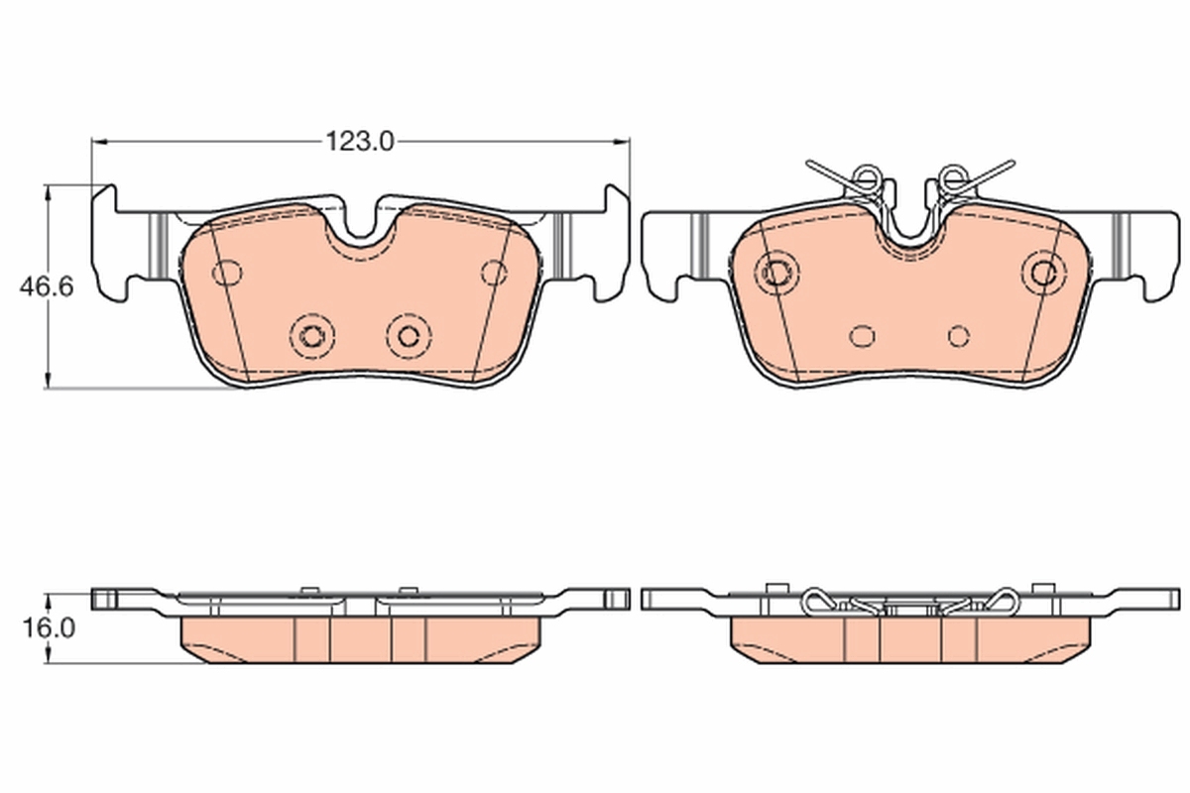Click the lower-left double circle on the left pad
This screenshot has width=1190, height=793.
tap(312, 335)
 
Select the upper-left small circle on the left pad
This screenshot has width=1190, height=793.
tap(229, 272)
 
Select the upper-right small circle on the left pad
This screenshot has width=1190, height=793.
tap(493, 271)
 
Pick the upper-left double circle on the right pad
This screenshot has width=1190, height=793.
tap(775, 269)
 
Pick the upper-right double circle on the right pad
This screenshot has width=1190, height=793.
tap(1044, 270)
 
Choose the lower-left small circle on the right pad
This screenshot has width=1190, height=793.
tap(864, 336)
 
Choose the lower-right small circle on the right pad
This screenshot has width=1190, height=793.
tap(958, 335)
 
